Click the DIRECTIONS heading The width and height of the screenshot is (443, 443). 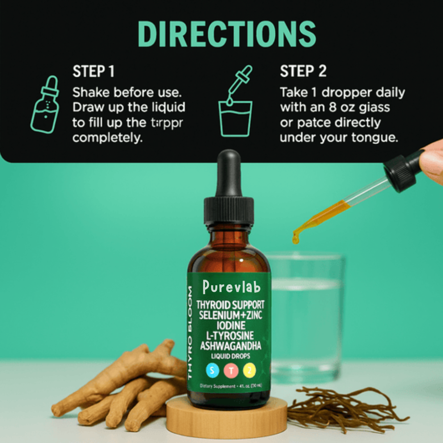[227, 33]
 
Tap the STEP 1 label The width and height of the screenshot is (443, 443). [94, 71]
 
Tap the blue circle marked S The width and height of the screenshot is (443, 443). [212, 371]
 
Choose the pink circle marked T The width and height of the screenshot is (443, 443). [231, 371]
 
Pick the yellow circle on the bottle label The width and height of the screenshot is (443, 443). [249, 371]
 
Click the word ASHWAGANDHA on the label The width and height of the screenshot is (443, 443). [231, 346]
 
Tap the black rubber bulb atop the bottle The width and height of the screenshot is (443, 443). [228, 172]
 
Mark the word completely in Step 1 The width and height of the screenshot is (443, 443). [107, 138]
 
